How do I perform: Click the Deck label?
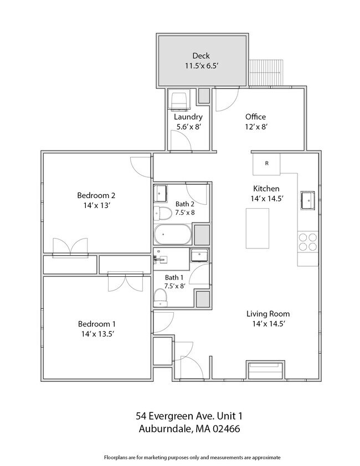tap(200, 55)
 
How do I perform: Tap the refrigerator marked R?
tap(266, 163)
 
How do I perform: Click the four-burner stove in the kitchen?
tap(308, 242)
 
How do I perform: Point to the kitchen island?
tap(257, 229)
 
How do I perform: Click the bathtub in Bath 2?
tap(172, 235)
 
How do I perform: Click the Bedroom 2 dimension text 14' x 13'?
tap(96, 205)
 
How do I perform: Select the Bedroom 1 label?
tap(96, 324)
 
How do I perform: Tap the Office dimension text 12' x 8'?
tap(255, 127)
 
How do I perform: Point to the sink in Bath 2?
tap(161, 194)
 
